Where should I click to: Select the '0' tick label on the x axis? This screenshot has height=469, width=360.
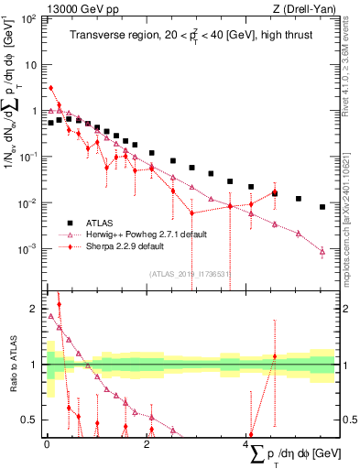click(47, 444)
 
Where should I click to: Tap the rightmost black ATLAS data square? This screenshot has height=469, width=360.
click(322, 207)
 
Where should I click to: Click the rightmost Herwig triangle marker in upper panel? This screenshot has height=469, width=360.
click(322, 251)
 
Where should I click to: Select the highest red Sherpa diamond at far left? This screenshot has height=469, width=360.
click(51, 88)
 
